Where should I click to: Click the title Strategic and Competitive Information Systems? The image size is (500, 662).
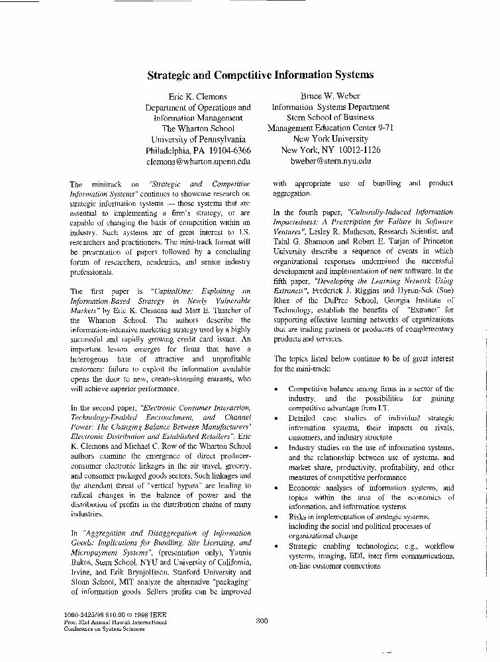pyautogui.click(x=260, y=75)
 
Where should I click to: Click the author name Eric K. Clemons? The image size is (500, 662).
pyautogui.click(x=198, y=97)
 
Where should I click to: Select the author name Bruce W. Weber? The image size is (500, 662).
pyautogui.click(x=330, y=97)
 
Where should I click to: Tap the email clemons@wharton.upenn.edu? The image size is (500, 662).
pyautogui.click(x=198, y=161)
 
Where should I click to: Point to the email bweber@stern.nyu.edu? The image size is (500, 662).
pyautogui.click(x=330, y=161)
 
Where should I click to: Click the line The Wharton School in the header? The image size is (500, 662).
pyautogui.click(x=198, y=128)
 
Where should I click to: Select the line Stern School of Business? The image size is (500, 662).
pyautogui.click(x=330, y=118)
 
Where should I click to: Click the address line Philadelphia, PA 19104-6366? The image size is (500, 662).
pyautogui.click(x=198, y=150)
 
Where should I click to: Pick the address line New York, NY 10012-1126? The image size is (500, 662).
pyautogui.click(x=330, y=150)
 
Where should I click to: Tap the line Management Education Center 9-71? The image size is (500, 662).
pyautogui.click(x=330, y=128)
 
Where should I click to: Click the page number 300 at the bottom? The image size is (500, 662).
pyautogui.click(x=261, y=620)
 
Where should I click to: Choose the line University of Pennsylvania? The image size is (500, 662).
pyautogui.click(x=198, y=140)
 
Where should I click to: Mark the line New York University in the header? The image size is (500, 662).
pyautogui.click(x=330, y=140)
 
